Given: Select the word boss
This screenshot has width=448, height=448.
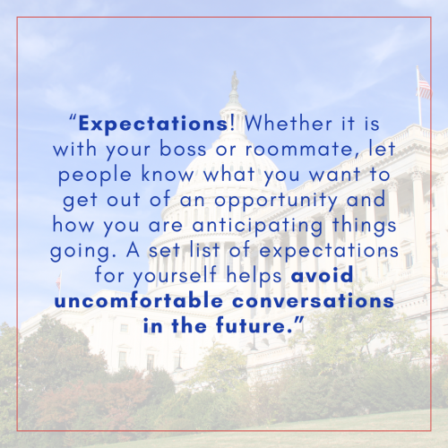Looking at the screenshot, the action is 183,149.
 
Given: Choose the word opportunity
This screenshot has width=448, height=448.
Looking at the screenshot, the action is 276,201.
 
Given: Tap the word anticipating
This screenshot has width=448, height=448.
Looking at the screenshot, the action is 257,226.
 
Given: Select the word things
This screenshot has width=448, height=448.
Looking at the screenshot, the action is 364,226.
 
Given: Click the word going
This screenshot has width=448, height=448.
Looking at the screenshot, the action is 83,252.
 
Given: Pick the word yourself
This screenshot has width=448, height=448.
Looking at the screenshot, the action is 175,276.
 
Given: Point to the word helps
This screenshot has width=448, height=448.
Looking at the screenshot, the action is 254,276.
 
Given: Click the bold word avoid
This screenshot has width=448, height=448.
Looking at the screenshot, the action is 323,275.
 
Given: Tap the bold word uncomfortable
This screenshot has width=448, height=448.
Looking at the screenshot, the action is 139,300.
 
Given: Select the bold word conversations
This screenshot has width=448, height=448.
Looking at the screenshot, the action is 314,301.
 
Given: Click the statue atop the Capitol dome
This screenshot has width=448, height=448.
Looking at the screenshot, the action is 235,81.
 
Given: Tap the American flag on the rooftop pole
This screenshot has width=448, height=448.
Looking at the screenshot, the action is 424,86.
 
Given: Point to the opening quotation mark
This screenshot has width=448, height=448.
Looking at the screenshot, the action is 73,117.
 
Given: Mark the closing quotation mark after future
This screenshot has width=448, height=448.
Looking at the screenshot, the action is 299,321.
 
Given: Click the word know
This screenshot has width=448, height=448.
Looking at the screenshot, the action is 168,174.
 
